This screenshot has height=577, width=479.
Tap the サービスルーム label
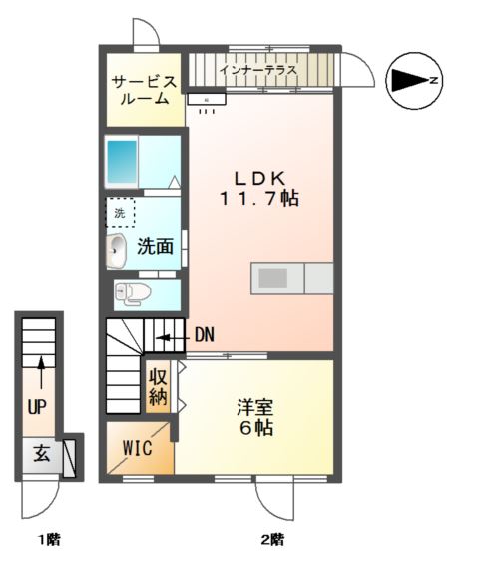(x=144, y=91)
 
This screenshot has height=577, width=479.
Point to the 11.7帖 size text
(x=259, y=199)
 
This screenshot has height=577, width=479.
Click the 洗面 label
(x=156, y=245)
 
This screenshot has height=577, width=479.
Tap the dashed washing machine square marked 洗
(x=120, y=213)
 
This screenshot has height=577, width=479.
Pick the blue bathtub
(x=121, y=160)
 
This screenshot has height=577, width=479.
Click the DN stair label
(x=204, y=335)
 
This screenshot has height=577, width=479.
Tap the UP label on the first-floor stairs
(x=37, y=407)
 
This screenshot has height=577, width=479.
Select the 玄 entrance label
(x=41, y=454)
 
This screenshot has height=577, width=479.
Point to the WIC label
(x=137, y=448)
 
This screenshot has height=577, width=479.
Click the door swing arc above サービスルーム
(x=147, y=32)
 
